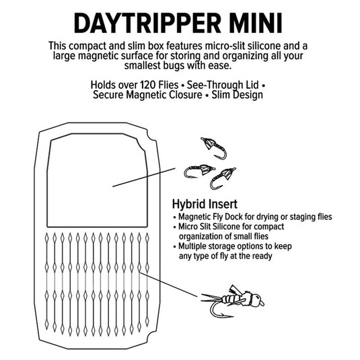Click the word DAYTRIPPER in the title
[147, 24]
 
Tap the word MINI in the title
[256, 24]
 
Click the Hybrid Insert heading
[205, 204]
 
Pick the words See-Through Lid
[223, 85]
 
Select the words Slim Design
[237, 95]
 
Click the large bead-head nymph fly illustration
[233, 301]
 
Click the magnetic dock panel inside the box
[97, 180]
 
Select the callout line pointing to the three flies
[144, 177]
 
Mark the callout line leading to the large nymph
[169, 285]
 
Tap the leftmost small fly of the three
[199, 171]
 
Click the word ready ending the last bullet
[262, 256]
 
